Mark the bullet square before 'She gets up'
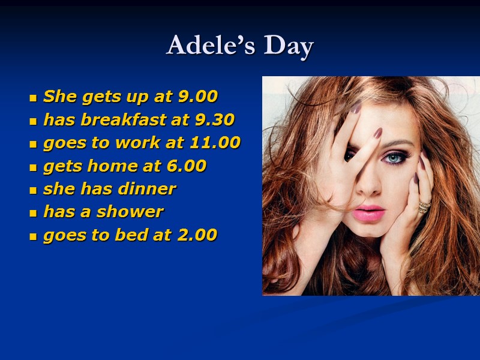[34, 97]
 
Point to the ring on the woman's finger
[424, 207]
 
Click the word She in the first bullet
[57, 96]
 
